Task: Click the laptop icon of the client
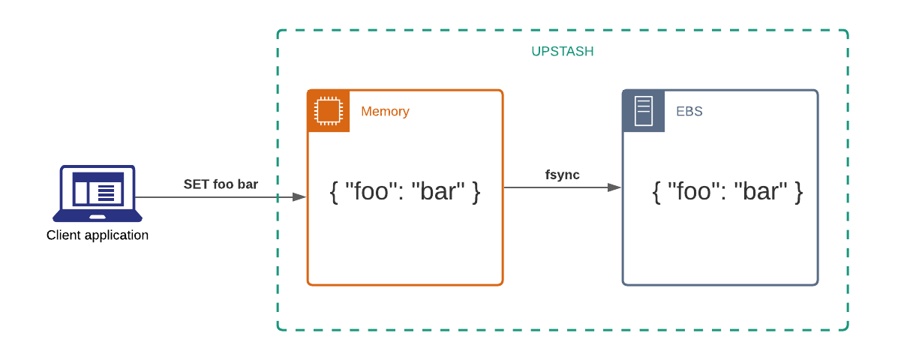coord(98,193)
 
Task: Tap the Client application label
coord(98,235)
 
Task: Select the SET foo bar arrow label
coord(221,184)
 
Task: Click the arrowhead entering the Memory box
coord(299,197)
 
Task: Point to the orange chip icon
coord(329,111)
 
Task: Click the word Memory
coord(385,112)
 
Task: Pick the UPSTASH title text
coord(563,52)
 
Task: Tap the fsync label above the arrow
coord(562,175)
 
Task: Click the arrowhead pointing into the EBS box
coord(614,187)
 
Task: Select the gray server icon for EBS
coord(644,111)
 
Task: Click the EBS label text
coord(689,112)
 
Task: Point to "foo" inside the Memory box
coord(370,192)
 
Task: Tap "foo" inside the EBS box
coord(692,192)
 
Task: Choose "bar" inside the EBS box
coord(761,192)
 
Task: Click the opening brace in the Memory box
coord(335,192)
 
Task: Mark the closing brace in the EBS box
coord(798,192)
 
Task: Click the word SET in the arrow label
coord(197,184)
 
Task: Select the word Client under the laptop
coord(65,235)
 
